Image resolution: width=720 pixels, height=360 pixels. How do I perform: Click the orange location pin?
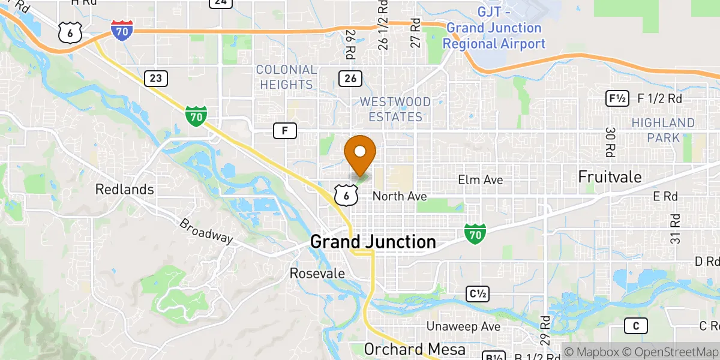point(361,153)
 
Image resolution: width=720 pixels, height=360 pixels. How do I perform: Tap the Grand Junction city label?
point(373,242)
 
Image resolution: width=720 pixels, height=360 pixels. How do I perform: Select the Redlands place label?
point(125,190)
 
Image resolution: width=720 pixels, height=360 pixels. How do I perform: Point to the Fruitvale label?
point(610,177)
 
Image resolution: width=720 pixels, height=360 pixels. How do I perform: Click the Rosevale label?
point(317,274)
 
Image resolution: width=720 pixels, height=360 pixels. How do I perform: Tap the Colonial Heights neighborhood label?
point(286,77)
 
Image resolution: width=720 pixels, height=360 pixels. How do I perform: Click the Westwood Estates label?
point(395,109)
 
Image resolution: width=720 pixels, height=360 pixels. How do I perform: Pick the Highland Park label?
point(663,130)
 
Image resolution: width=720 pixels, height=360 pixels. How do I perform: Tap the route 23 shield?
point(156,78)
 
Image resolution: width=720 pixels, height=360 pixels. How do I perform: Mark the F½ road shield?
point(617,98)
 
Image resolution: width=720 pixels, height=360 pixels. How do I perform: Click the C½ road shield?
point(478,294)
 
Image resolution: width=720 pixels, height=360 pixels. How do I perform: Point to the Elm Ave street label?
point(480,180)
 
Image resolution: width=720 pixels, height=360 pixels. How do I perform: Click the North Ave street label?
point(400,196)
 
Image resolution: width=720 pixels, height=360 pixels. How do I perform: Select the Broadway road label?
point(206,230)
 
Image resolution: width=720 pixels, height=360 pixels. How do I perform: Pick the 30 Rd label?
point(611,141)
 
